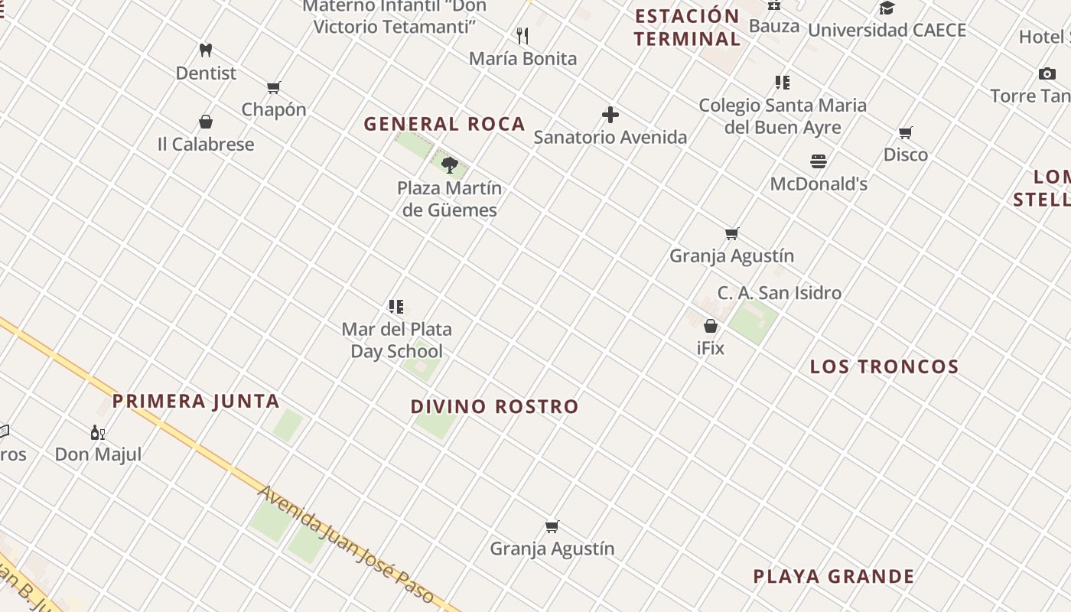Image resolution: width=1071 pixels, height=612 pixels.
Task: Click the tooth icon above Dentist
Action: click(205, 50)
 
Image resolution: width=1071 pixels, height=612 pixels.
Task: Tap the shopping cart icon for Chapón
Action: click(273, 87)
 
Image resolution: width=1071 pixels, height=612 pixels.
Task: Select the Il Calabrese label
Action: click(206, 144)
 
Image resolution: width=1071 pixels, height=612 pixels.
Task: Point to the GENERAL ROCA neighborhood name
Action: click(444, 124)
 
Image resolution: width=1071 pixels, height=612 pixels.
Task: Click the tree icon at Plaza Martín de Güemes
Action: click(450, 164)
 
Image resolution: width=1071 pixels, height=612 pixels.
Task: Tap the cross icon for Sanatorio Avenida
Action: click(610, 116)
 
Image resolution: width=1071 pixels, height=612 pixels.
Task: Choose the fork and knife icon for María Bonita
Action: click(522, 36)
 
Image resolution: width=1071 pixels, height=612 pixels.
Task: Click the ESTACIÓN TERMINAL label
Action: click(687, 28)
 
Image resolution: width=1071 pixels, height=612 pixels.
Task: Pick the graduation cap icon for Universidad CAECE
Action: click(887, 8)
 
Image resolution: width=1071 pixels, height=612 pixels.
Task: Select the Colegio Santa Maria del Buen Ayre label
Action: click(783, 116)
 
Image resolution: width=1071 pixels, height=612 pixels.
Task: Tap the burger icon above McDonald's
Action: click(819, 161)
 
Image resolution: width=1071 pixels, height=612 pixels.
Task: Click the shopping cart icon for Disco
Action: click(906, 133)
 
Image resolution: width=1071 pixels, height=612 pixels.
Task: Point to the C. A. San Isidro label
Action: click(779, 292)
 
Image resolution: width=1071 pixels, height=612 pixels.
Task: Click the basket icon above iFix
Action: click(711, 326)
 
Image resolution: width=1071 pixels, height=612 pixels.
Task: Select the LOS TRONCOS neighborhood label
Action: click(884, 366)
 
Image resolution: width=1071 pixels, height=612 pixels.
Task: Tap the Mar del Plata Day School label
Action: click(396, 340)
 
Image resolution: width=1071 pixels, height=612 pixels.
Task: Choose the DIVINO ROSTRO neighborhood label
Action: click(494, 406)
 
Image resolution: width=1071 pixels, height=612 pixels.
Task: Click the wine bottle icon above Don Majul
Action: click(98, 433)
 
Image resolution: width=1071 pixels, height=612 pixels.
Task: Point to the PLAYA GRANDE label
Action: click(834, 576)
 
